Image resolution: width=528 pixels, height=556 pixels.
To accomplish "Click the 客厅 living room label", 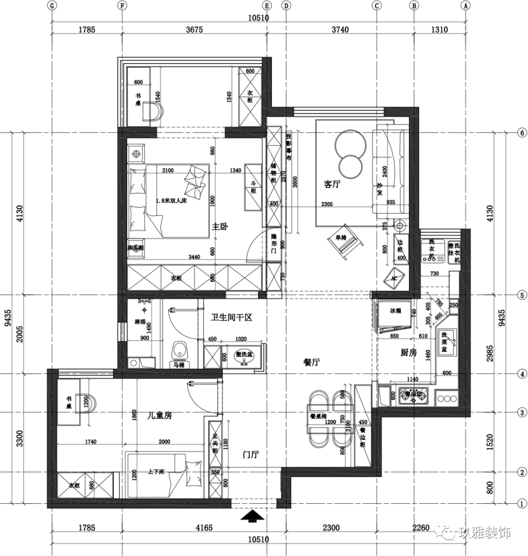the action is [x=332, y=184].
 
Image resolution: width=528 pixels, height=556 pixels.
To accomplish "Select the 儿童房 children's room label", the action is [x=159, y=416].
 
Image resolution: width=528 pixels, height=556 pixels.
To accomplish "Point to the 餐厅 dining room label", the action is [x=311, y=362].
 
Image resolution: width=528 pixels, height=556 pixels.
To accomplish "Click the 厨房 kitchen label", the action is [x=408, y=352].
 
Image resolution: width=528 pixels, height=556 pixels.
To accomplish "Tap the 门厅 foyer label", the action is [x=251, y=455].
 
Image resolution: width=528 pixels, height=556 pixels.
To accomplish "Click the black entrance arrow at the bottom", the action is [x=253, y=516].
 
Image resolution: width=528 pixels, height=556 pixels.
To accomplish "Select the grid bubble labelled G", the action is [x=52, y=6].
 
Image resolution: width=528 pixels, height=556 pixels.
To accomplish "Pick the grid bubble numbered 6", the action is [x=522, y=133].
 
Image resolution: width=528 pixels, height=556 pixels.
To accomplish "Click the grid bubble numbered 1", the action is [x=522, y=503].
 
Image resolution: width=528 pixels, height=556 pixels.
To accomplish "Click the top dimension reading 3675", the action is [x=194, y=30].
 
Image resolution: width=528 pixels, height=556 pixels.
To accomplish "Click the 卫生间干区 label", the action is [x=231, y=318].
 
